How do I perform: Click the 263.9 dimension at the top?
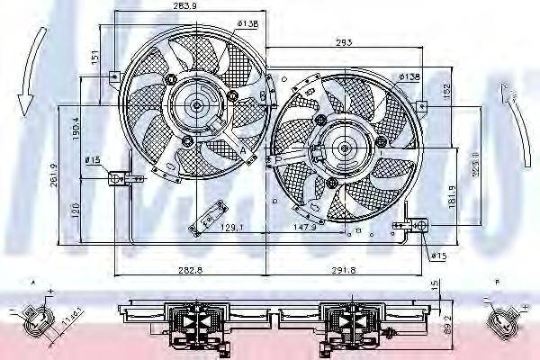pyautogui.click(x=186, y=7)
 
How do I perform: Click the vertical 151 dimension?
pyautogui.click(x=94, y=56)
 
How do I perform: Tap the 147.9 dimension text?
pyautogui.click(x=308, y=228)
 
